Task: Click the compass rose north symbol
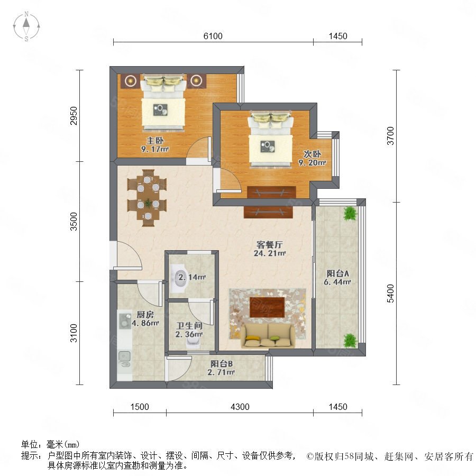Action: point(26,26)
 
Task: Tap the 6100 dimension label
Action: point(213,36)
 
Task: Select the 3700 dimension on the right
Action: point(390,136)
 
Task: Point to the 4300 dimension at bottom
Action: point(240,407)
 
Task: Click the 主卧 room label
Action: point(155,141)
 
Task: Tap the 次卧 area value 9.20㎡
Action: point(313,163)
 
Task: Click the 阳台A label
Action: point(337,273)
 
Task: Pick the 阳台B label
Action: point(221,363)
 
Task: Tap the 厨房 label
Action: point(145,315)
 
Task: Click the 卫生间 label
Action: point(189,326)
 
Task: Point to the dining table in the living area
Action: point(147,198)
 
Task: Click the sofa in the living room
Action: point(268,336)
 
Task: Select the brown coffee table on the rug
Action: point(267,307)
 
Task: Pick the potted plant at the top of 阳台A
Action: point(350,214)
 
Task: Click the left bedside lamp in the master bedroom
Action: point(131,80)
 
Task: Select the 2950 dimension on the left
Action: point(74,116)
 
